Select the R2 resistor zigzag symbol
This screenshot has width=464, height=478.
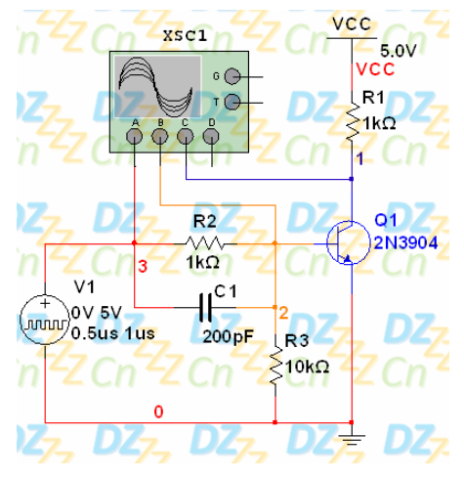click(x=204, y=243)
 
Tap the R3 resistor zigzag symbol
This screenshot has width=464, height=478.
click(x=275, y=367)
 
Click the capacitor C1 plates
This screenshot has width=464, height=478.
click(x=205, y=307)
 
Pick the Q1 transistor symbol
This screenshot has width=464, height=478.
click(x=348, y=242)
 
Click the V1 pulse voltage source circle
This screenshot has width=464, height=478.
click(x=45, y=320)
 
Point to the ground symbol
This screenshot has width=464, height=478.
click(x=352, y=439)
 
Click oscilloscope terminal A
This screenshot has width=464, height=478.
click(x=134, y=137)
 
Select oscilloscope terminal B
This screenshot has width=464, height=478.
click(x=160, y=137)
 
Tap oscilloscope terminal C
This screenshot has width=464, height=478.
click(x=186, y=137)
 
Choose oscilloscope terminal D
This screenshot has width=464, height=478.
click(x=211, y=137)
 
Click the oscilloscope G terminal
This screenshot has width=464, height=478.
click(x=232, y=76)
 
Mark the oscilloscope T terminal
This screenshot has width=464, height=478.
click(x=232, y=102)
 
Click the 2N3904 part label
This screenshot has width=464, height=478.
click(x=405, y=242)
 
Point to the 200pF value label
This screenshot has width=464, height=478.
click(x=229, y=336)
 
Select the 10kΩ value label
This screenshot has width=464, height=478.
click(x=308, y=367)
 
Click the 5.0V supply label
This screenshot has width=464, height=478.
click(x=399, y=51)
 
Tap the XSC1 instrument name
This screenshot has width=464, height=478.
click(x=185, y=35)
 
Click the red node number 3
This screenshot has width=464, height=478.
click(x=143, y=266)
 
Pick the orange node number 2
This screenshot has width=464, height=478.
click(x=283, y=313)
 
